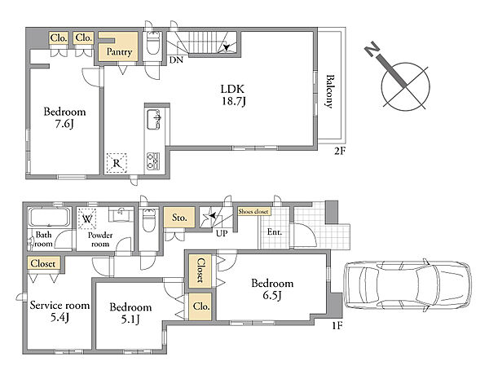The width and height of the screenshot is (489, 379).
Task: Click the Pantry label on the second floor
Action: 119,52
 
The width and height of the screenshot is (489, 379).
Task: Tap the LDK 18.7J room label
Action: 232,95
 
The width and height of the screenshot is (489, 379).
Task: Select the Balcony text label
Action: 329,91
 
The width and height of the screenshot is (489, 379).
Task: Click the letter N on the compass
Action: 372,51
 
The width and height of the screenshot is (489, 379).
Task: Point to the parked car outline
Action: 407,285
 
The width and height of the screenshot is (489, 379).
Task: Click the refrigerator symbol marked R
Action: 117,163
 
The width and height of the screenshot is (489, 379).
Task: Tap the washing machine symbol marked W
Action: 87,218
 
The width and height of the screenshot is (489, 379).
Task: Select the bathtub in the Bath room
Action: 49,217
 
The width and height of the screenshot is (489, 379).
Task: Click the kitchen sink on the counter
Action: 154,119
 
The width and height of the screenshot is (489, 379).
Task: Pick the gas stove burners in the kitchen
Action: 153,161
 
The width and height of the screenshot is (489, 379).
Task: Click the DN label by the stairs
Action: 176,59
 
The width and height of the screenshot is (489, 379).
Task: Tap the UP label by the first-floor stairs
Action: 222,233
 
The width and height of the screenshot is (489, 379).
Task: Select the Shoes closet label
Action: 253,211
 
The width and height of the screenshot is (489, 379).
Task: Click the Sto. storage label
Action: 179,218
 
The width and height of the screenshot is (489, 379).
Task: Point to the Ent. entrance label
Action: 275,232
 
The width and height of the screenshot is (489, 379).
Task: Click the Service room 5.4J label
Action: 59,311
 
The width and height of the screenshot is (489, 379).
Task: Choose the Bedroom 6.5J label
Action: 272,289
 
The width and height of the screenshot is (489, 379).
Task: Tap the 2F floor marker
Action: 340,152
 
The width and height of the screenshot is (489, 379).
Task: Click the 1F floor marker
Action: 337,326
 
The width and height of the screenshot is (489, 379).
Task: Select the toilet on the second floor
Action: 153,43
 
